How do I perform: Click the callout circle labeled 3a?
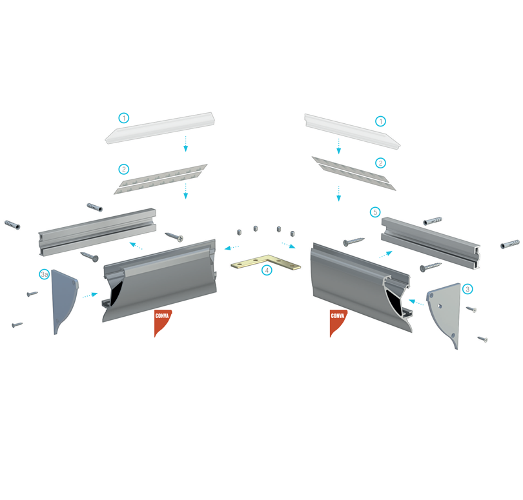point(45,274)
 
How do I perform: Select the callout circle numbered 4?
point(267,270)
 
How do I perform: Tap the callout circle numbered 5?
point(375,212)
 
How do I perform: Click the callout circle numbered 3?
point(467,289)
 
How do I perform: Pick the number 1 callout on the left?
point(124,117)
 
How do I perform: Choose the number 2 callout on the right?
point(380,163)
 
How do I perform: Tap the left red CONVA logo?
point(163,323)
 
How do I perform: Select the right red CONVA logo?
point(338,323)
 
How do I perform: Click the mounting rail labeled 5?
point(431,243)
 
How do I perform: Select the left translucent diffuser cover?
point(160,128)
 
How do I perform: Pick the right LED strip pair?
point(354,174)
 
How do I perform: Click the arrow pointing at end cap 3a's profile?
point(90,295)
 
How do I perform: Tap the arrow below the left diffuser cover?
point(186,144)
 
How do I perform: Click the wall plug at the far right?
point(510,244)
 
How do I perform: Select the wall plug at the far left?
point(12,225)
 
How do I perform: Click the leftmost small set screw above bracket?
point(239,232)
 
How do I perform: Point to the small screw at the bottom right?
point(482,339)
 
